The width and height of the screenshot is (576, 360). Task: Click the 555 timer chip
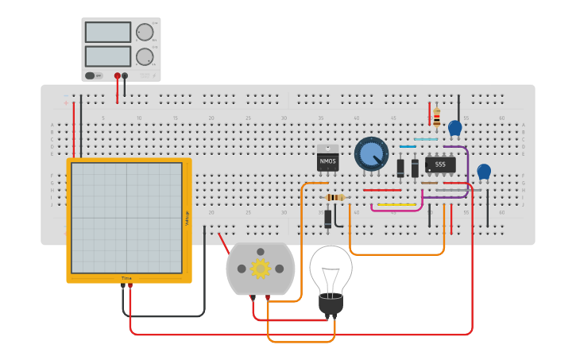pyautogui.click(x=440, y=165)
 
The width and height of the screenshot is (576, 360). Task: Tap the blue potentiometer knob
pyautogui.click(x=371, y=153)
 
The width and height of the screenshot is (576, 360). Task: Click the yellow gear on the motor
pyautogui.click(x=261, y=269)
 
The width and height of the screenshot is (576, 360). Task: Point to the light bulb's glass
pyautogui.click(x=331, y=268)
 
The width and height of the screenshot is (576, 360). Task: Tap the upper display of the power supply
pyautogui.click(x=108, y=33)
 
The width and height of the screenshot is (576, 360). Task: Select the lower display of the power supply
pyautogui.click(x=108, y=56)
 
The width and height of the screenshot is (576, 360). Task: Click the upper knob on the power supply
pyautogui.click(x=144, y=33)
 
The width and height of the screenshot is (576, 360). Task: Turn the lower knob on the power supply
pyautogui.click(x=144, y=57)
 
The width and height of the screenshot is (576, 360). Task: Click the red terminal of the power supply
pyautogui.click(x=118, y=76)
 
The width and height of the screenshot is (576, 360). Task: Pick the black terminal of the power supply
pyautogui.click(x=125, y=76)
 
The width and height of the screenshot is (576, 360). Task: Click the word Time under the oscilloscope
pyautogui.click(x=126, y=278)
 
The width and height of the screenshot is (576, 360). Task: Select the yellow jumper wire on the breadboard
pyautogui.click(x=396, y=204)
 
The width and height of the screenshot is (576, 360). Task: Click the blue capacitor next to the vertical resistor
pyautogui.click(x=454, y=127)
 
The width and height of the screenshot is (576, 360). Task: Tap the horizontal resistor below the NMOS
pyautogui.click(x=336, y=197)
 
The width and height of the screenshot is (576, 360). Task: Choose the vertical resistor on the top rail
pyautogui.click(x=436, y=117)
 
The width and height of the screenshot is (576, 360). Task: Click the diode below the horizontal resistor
pyautogui.click(x=328, y=219)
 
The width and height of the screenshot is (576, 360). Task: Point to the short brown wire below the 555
pyautogui.click(x=429, y=183)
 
